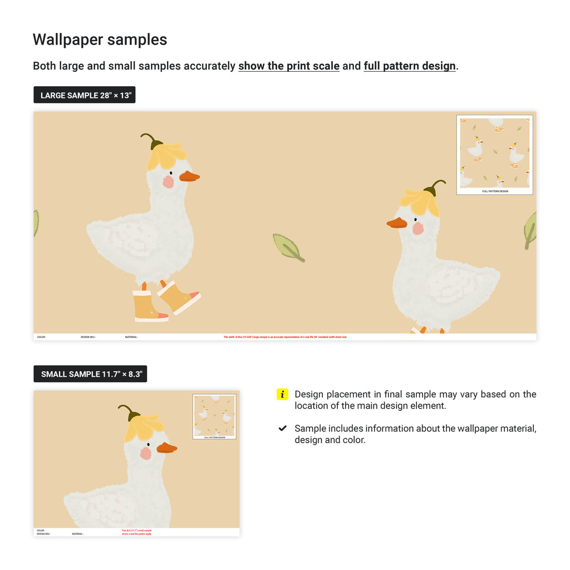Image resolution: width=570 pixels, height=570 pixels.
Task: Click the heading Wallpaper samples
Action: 100,40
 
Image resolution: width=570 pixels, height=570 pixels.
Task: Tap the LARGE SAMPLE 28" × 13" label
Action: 85,95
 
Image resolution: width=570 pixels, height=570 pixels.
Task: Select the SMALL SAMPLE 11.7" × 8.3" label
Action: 90,374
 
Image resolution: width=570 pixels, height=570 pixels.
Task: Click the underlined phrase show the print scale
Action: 288,66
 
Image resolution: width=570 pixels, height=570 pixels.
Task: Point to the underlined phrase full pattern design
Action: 410,66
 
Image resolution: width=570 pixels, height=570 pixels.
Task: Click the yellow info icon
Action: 282,395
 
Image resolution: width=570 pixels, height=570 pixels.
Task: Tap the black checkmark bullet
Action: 282,429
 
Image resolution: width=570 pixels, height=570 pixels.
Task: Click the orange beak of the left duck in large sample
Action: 189,176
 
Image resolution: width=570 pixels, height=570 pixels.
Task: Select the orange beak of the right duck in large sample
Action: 396,223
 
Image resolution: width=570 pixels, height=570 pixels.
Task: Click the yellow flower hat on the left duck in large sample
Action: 165,155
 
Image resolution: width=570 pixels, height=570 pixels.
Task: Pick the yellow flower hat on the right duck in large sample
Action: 421,202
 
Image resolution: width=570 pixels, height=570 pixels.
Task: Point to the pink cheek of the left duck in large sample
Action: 168,182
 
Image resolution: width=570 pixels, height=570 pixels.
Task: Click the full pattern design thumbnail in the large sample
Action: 494,155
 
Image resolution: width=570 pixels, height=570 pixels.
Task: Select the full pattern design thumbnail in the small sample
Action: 214,416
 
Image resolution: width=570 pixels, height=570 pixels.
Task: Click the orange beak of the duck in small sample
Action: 166,448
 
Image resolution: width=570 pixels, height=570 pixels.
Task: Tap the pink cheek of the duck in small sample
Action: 145,453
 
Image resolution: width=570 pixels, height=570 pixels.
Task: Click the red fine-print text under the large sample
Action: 285,337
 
